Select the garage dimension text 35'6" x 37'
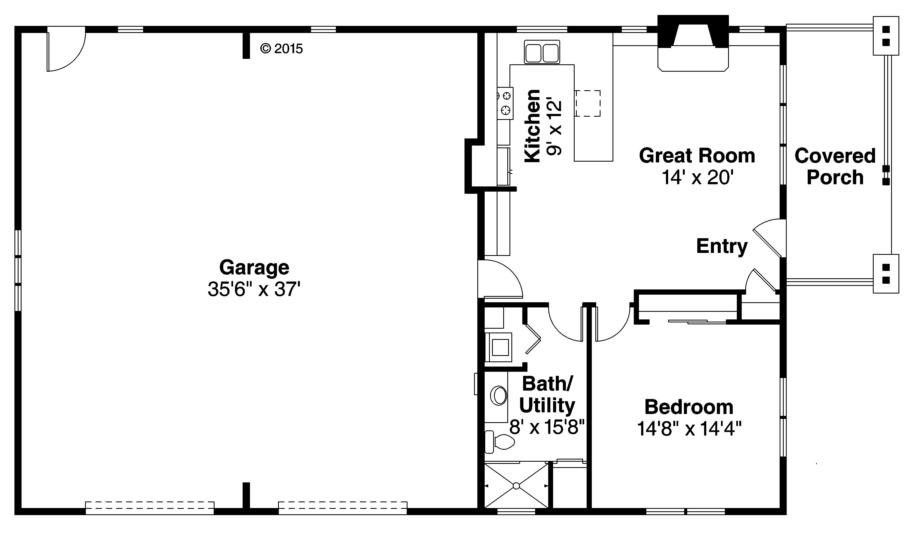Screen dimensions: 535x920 click(254, 289)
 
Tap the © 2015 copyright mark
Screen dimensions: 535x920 click(282, 49)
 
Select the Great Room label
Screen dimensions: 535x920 click(696, 156)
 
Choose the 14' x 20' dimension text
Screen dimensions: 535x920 click(697, 178)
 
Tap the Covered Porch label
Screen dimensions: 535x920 click(835, 167)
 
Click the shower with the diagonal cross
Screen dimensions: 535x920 click(516, 486)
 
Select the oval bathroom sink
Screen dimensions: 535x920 click(499, 395)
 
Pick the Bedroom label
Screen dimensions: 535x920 click(689, 407)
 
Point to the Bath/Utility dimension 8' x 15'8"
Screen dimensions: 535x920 click(547, 427)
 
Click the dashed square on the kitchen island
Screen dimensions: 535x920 click(588, 103)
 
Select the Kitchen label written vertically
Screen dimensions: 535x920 click(532, 126)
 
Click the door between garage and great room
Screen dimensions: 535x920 click(500, 279)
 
